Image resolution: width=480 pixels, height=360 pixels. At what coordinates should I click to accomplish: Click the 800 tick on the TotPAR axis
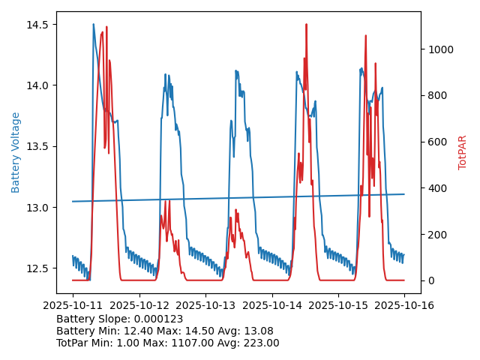(x=436, y=96)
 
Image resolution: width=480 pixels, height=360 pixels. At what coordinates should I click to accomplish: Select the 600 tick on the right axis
(x=436, y=142)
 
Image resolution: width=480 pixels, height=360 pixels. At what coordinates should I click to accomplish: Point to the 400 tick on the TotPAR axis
(x=436, y=188)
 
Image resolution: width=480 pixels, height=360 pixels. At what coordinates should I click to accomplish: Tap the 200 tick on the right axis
(x=436, y=235)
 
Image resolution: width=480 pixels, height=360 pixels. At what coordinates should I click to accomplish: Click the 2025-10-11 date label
(x=73, y=305)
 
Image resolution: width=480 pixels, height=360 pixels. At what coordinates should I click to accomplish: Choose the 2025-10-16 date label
(x=404, y=305)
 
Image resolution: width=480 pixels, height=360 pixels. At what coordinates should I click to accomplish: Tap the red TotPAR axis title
(x=463, y=152)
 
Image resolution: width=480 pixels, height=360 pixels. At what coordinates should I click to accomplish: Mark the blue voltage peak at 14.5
(x=94, y=25)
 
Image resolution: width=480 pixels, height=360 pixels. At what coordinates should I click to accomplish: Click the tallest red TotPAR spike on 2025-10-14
(x=306, y=25)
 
